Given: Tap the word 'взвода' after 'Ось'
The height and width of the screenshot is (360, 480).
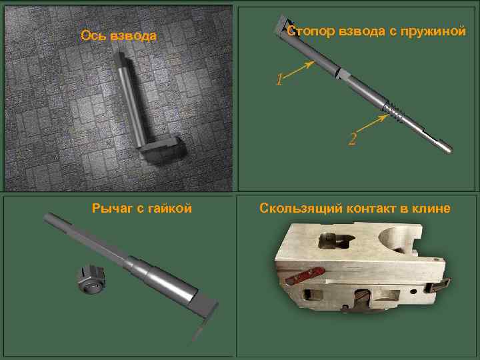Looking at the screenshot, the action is click(x=133, y=37).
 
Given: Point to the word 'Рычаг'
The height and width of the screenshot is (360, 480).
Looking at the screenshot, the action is click(x=113, y=208).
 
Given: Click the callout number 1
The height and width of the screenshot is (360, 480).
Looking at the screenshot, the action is click(x=279, y=79).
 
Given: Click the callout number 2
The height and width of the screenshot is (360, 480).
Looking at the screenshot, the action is click(x=353, y=139).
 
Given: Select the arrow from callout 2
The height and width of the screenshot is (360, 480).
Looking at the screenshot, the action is click(x=371, y=124).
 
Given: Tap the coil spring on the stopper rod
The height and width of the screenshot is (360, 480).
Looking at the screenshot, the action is click(x=393, y=112).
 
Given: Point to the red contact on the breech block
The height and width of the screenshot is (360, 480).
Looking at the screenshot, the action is click(x=305, y=275).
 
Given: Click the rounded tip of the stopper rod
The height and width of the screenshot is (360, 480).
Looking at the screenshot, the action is click(x=449, y=150).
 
